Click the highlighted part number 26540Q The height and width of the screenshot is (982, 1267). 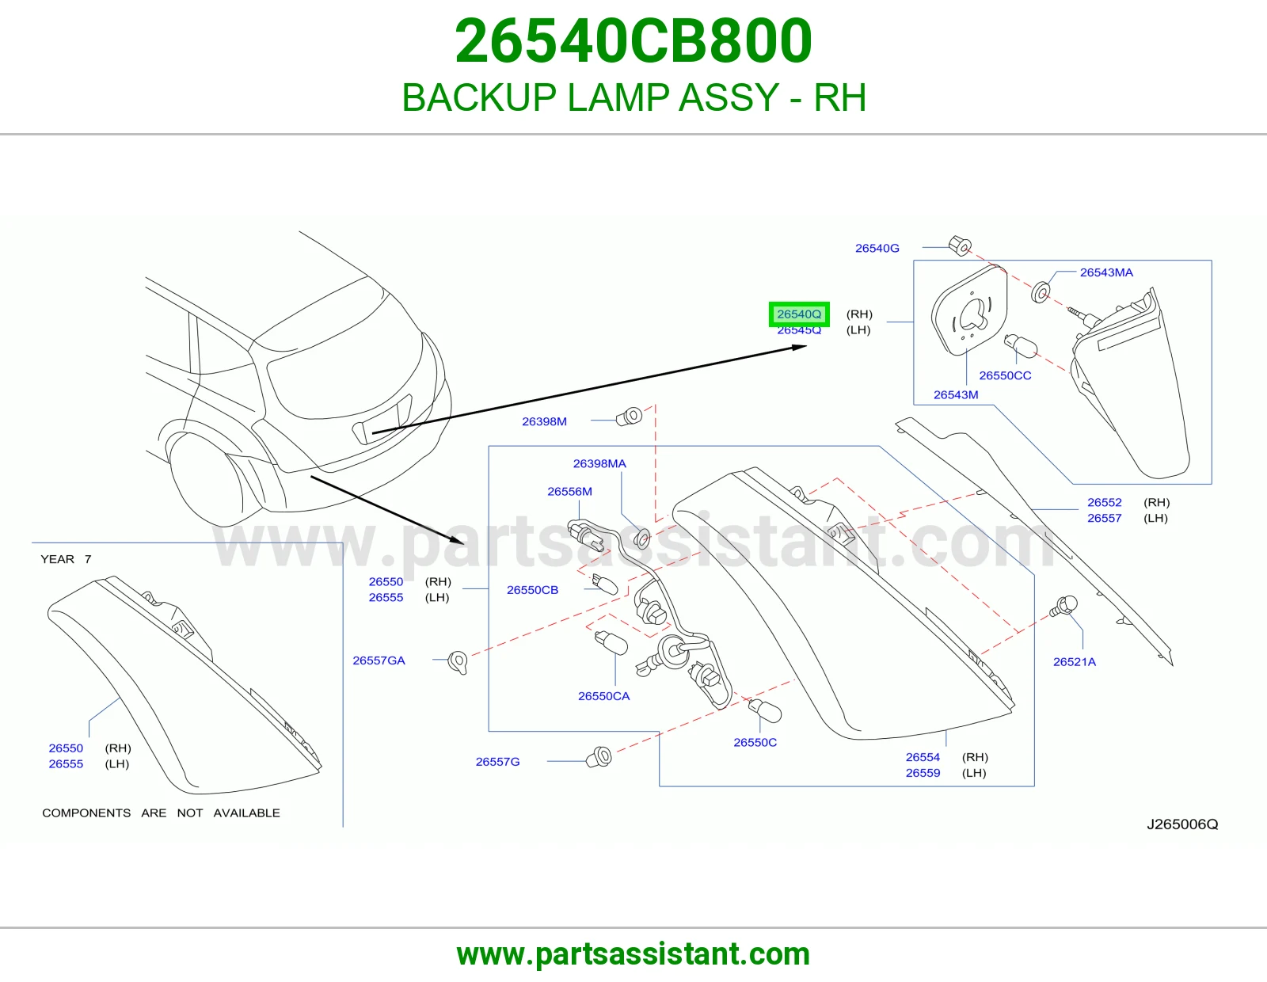pos(799,314)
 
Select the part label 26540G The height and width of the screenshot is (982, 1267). pos(877,249)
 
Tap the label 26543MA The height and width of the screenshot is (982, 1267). pos(1106,272)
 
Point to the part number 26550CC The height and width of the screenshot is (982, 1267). pos(1005,375)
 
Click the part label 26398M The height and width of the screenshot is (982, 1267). pos(544,421)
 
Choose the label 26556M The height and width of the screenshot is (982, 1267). pos(569,492)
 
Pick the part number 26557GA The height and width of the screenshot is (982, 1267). pos(379,660)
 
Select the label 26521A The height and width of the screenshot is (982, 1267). pos(1074,662)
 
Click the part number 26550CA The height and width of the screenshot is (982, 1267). pos(603,696)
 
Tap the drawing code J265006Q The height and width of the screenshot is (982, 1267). pos(1181,824)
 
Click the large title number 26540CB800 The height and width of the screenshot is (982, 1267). pos(633,41)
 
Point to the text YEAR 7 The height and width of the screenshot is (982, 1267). pos(66,559)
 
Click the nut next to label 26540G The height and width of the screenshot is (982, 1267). pos(960,246)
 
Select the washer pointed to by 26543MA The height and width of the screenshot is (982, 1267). pos(1041,292)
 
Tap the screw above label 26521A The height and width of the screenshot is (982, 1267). pos(1063,607)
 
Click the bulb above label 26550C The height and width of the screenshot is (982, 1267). pos(764,710)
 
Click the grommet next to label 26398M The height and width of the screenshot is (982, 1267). pos(630,417)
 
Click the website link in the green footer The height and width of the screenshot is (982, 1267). pos(633,954)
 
